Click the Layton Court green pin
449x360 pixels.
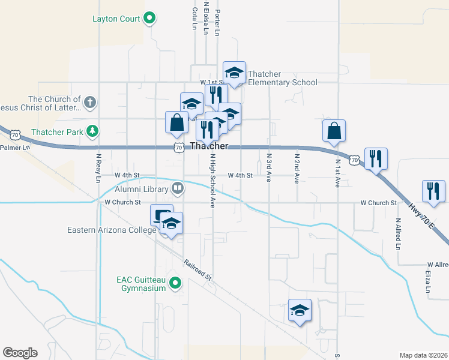tap(149, 19)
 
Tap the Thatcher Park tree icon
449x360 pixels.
tap(92, 131)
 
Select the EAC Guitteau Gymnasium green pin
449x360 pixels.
tap(175, 282)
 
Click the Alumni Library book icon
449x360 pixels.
tap(178, 189)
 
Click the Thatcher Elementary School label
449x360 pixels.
tap(282, 79)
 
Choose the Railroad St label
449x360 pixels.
tap(198, 269)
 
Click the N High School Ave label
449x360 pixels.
tap(212, 181)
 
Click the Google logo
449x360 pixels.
tap(20, 353)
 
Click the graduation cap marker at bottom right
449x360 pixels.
tap(300, 310)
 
